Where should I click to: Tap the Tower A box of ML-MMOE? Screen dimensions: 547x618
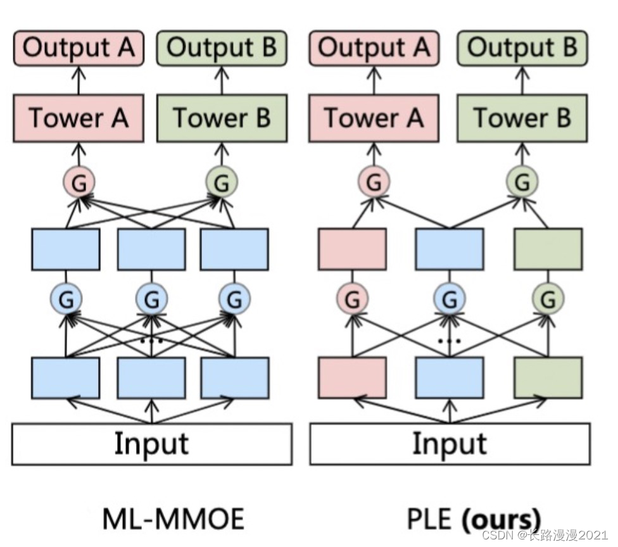(79, 118)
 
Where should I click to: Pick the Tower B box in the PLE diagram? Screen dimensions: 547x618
(522, 118)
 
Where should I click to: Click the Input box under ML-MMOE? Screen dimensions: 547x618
(151, 444)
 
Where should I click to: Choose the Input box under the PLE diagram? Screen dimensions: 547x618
(450, 444)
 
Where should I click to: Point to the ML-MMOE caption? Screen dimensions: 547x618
(172, 519)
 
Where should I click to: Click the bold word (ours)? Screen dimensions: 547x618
(501, 519)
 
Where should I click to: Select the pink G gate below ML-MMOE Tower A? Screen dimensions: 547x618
(79, 183)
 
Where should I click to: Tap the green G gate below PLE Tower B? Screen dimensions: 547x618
(522, 183)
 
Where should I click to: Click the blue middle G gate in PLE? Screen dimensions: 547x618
(450, 298)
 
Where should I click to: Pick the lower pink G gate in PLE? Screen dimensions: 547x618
(353, 298)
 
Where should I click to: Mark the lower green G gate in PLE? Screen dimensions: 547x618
(548, 298)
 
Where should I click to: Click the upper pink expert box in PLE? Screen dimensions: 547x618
(353, 249)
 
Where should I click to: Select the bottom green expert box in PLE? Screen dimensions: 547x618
(548, 378)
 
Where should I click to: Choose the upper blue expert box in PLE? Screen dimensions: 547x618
(450, 249)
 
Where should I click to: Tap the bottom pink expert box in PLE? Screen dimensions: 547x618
(353, 378)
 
